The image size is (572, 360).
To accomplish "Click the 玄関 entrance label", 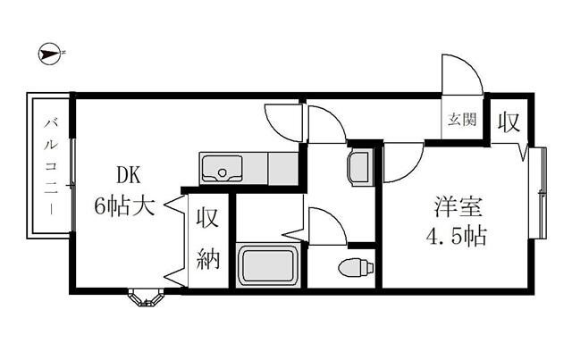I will (x=461, y=119).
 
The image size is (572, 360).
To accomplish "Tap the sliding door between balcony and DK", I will (x=72, y=165).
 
